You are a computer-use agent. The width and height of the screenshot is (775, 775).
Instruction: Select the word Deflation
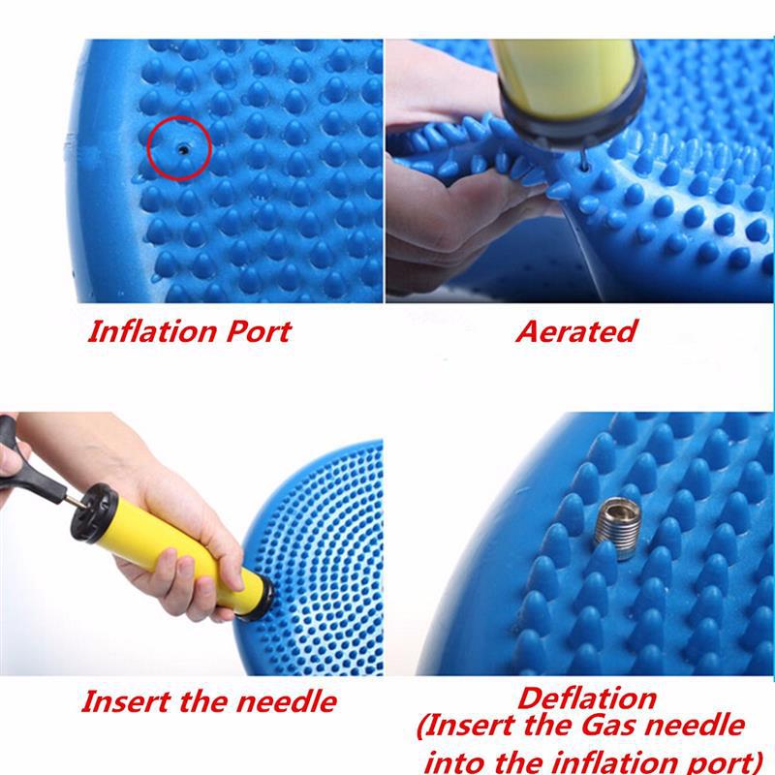tap(587, 697)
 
